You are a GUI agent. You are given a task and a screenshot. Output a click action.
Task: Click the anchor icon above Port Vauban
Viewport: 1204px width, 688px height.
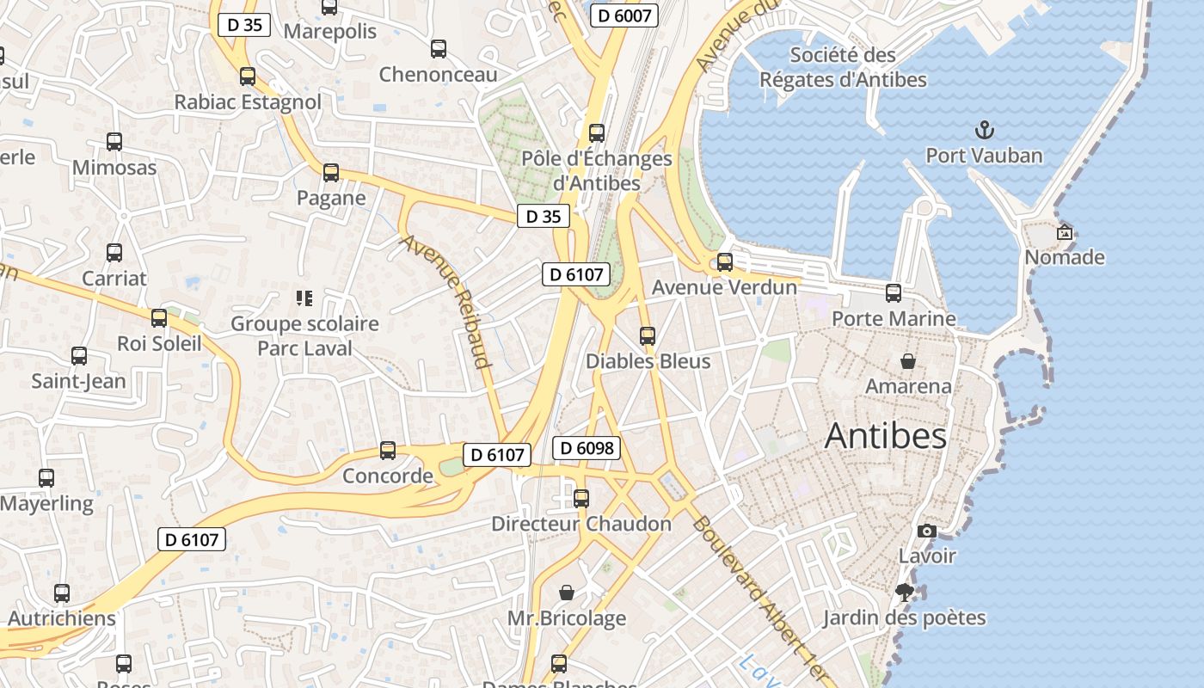click(x=984, y=131)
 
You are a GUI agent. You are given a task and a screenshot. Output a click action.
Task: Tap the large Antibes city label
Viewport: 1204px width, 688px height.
click(x=886, y=436)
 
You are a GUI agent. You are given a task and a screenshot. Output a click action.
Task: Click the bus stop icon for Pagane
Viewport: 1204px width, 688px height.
click(x=331, y=173)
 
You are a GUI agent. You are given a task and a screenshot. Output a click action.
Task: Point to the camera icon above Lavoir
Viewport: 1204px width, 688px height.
click(x=927, y=531)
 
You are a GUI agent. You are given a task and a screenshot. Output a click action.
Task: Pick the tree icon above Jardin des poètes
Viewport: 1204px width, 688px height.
click(x=904, y=592)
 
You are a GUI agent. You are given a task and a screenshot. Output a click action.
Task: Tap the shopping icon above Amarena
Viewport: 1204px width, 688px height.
click(x=908, y=361)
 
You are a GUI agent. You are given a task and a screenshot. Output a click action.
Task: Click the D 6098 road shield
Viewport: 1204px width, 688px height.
click(x=588, y=447)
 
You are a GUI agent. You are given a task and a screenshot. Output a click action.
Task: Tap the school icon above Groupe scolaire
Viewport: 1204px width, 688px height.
click(x=304, y=298)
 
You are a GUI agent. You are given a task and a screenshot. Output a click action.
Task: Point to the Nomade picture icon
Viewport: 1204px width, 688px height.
click(x=1065, y=232)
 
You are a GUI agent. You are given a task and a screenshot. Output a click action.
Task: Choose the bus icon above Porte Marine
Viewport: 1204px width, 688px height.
click(x=894, y=293)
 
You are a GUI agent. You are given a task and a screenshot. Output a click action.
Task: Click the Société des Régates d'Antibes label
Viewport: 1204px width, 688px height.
click(x=843, y=67)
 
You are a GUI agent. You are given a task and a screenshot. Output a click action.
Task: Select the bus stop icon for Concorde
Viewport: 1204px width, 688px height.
click(x=388, y=451)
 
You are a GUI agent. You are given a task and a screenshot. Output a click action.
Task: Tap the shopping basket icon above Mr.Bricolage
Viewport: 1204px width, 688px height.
click(x=567, y=593)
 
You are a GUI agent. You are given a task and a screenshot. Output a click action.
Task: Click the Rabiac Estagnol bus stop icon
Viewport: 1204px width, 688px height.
click(x=248, y=77)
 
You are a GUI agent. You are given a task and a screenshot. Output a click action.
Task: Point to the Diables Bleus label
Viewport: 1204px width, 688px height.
click(x=648, y=361)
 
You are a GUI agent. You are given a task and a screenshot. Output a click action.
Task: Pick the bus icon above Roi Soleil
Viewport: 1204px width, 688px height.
click(x=159, y=318)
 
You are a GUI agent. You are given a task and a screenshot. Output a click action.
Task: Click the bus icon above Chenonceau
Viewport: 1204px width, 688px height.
click(x=439, y=49)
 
